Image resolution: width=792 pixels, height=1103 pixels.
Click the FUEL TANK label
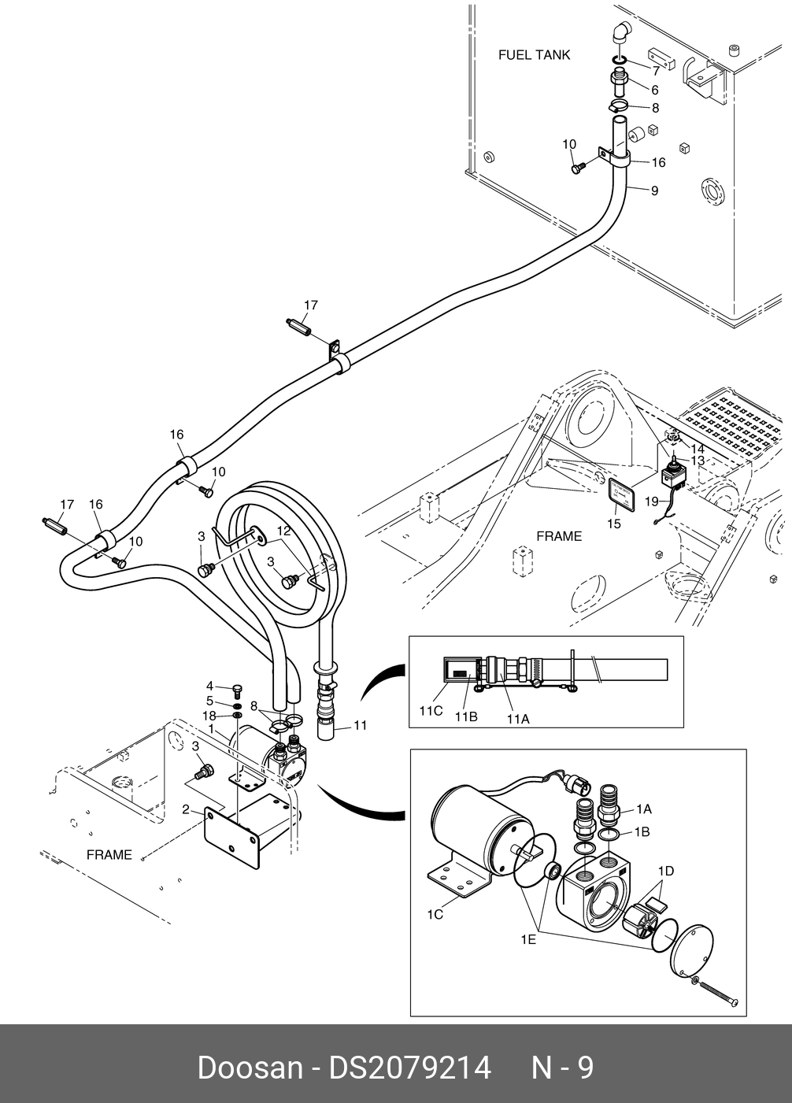(534, 54)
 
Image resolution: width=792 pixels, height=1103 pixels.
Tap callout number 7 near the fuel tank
(656, 72)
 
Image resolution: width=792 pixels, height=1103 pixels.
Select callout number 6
(654, 90)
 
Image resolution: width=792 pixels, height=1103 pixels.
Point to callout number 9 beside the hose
(654, 191)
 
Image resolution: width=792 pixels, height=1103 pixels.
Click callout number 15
(614, 524)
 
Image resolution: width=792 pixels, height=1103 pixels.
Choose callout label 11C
(431, 711)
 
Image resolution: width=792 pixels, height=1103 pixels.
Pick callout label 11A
(518, 720)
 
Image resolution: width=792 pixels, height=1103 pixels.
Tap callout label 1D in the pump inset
(666, 871)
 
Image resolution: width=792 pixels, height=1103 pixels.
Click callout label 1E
(528, 940)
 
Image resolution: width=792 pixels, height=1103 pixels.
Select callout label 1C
(435, 914)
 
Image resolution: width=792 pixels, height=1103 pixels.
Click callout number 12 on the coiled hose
(284, 531)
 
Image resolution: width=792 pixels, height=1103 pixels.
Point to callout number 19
(652, 502)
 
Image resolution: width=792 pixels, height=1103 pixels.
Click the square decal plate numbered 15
(622, 493)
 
